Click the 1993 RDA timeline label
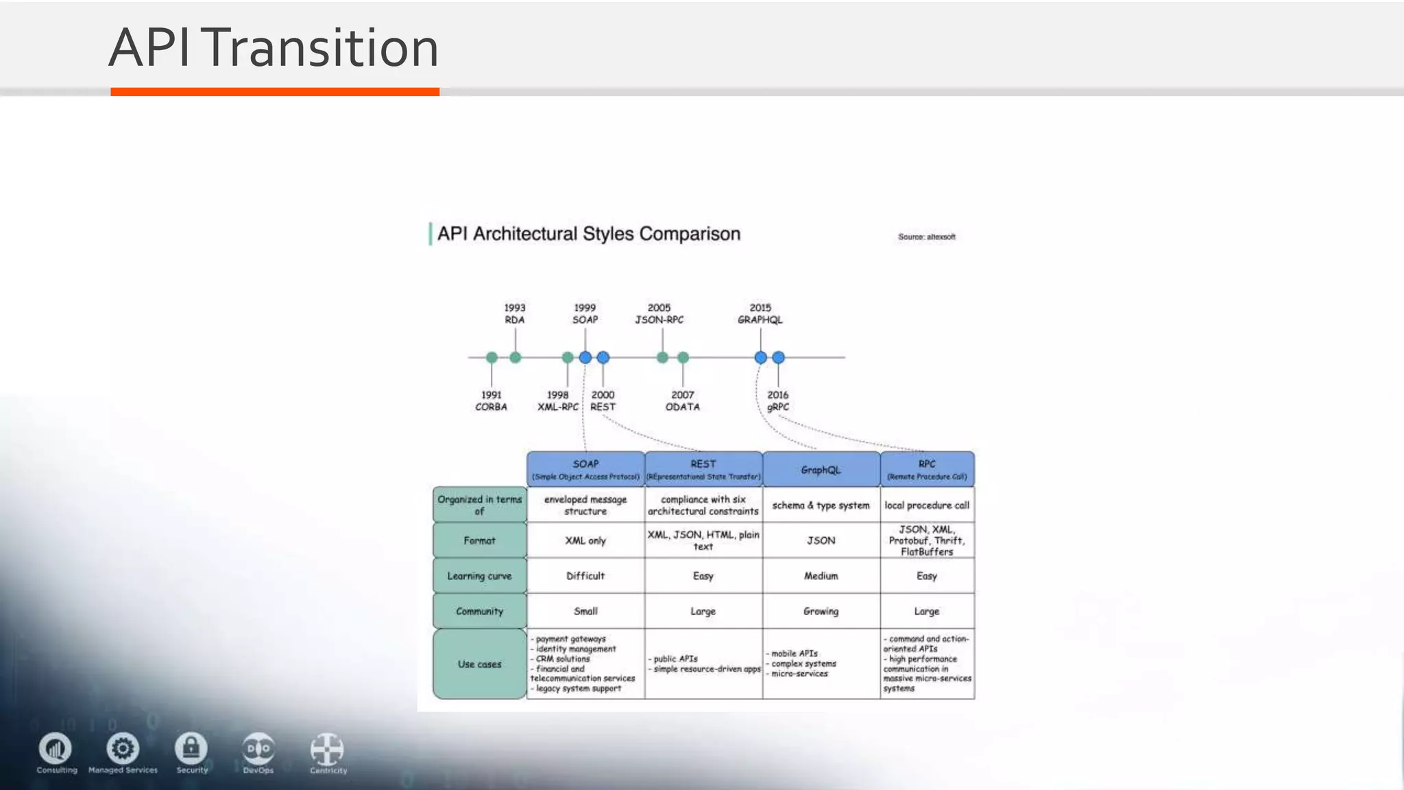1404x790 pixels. click(x=515, y=314)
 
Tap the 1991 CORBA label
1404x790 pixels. click(x=491, y=401)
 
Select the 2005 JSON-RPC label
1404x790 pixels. click(x=659, y=314)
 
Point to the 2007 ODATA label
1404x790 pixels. click(x=682, y=401)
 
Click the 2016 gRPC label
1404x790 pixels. click(x=778, y=401)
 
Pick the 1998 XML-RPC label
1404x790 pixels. click(x=557, y=401)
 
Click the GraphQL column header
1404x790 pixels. click(x=821, y=470)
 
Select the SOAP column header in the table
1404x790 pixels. click(x=585, y=469)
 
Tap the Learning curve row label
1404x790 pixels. click(x=479, y=576)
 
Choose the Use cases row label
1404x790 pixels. click(x=479, y=664)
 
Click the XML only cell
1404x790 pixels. click(x=585, y=540)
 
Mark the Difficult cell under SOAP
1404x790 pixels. click(x=585, y=576)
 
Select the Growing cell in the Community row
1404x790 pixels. click(x=821, y=611)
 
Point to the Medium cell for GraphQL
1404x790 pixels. click(x=821, y=576)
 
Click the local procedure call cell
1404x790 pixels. click(x=927, y=505)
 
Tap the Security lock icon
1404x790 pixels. click(x=191, y=748)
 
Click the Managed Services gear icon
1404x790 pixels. click(x=123, y=748)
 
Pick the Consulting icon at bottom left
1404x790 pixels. click(x=56, y=748)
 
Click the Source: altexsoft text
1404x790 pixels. click(x=926, y=237)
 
